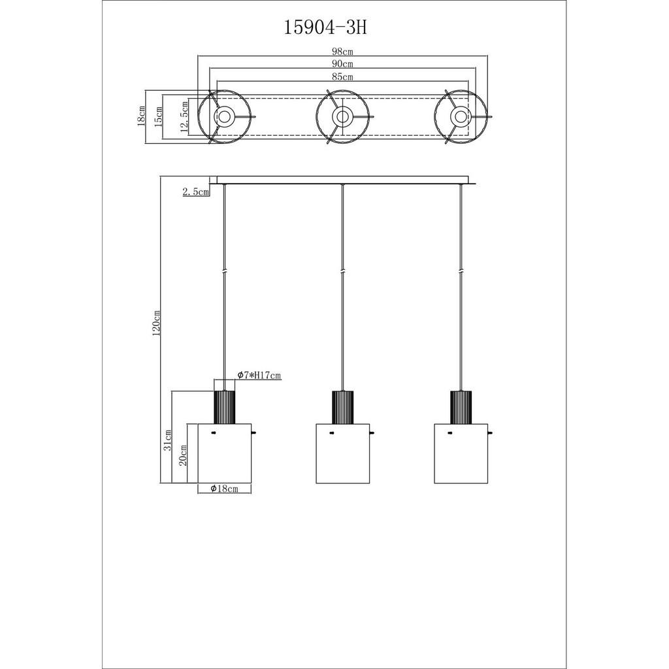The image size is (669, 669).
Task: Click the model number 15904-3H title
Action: point(325,28)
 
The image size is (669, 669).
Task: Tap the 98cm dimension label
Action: point(342,52)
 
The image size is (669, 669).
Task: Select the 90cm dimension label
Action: point(342,64)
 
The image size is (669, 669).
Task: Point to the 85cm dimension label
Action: point(342,77)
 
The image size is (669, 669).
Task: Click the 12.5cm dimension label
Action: point(184,117)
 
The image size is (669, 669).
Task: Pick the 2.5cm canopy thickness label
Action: point(196,191)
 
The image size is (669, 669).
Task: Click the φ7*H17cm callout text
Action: point(259,375)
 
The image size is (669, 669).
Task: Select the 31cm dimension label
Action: point(168,440)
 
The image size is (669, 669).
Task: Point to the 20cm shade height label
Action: point(183,455)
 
